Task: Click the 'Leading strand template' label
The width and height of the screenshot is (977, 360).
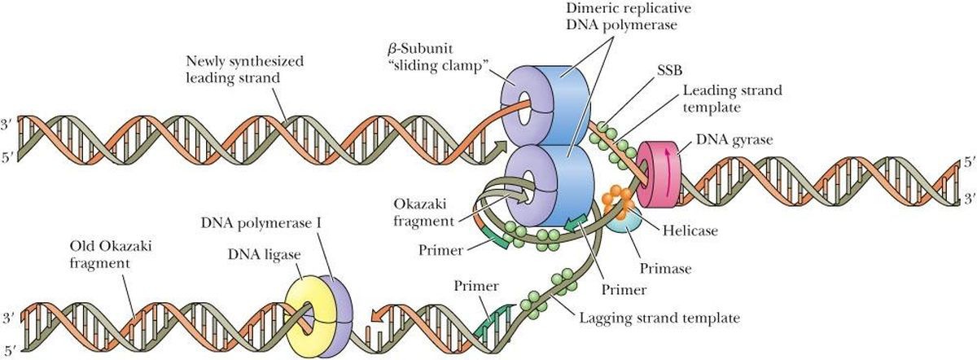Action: point(733,98)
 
